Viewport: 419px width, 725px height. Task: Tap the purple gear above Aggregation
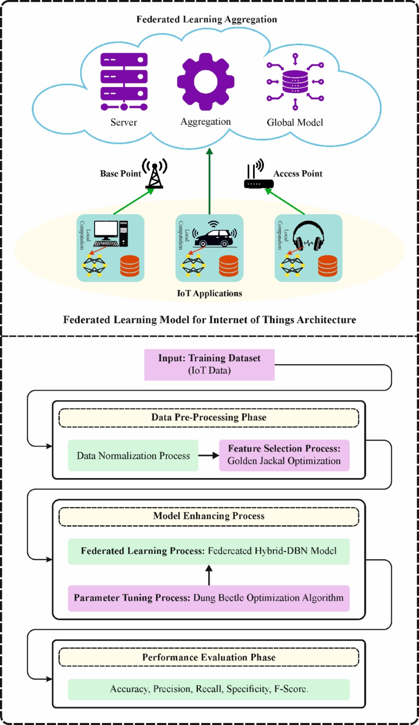pos(206,82)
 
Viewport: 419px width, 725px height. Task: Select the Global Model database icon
pos(295,82)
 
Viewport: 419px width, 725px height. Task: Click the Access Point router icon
pos(258,178)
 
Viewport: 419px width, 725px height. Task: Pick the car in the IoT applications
pos(214,238)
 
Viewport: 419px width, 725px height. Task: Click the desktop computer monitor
pos(106,230)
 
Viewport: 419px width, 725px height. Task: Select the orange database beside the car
pos(229,266)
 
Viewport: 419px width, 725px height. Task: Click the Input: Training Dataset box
pos(209,365)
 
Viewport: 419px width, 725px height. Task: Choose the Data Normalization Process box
pos(133,456)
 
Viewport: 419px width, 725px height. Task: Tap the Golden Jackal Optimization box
pos(284,455)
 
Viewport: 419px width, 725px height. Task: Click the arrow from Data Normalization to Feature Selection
pos(208,456)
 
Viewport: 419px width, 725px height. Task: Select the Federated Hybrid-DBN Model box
pos(209,551)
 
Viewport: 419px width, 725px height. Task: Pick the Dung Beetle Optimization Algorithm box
pos(209,598)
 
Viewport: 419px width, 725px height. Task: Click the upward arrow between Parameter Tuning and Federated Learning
pos(209,575)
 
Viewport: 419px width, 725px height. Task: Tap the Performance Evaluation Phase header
pos(209,657)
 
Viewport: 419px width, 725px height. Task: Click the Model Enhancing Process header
pos(209,516)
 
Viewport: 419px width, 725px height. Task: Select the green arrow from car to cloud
pos(209,181)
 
